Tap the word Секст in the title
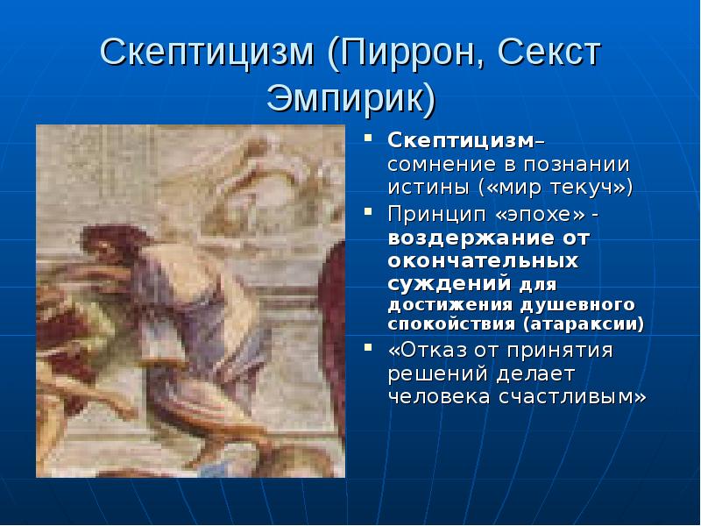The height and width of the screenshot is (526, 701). tap(549, 53)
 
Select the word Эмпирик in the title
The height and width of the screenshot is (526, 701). tap(345, 98)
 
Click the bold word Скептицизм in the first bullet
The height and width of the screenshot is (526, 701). tap(461, 141)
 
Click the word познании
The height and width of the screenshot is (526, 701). tap(577, 165)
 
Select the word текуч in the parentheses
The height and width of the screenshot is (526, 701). tap(581, 188)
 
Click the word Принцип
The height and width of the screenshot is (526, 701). tap(436, 215)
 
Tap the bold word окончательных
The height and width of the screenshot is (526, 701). tap(483, 261)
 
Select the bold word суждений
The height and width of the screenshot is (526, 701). tap(450, 283)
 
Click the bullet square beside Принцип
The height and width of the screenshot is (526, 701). tap(368, 211)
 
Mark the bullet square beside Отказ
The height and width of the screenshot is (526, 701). tap(368, 347)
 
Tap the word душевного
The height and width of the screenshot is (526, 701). tap(578, 305)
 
